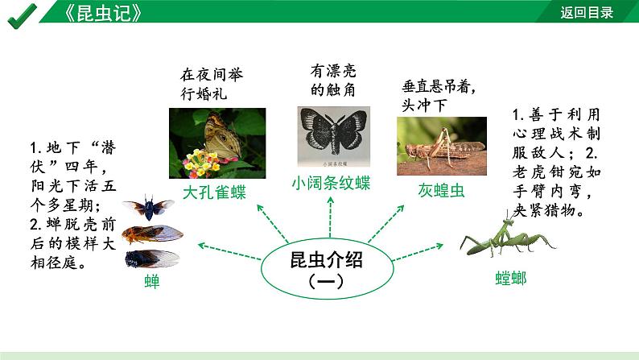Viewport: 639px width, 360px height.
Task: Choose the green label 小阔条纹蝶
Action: pos(331,184)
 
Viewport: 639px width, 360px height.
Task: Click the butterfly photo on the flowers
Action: pos(216,143)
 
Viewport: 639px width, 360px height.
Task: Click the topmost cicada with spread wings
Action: pos(149,208)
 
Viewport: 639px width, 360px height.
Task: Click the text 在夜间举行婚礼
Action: pos(211,83)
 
